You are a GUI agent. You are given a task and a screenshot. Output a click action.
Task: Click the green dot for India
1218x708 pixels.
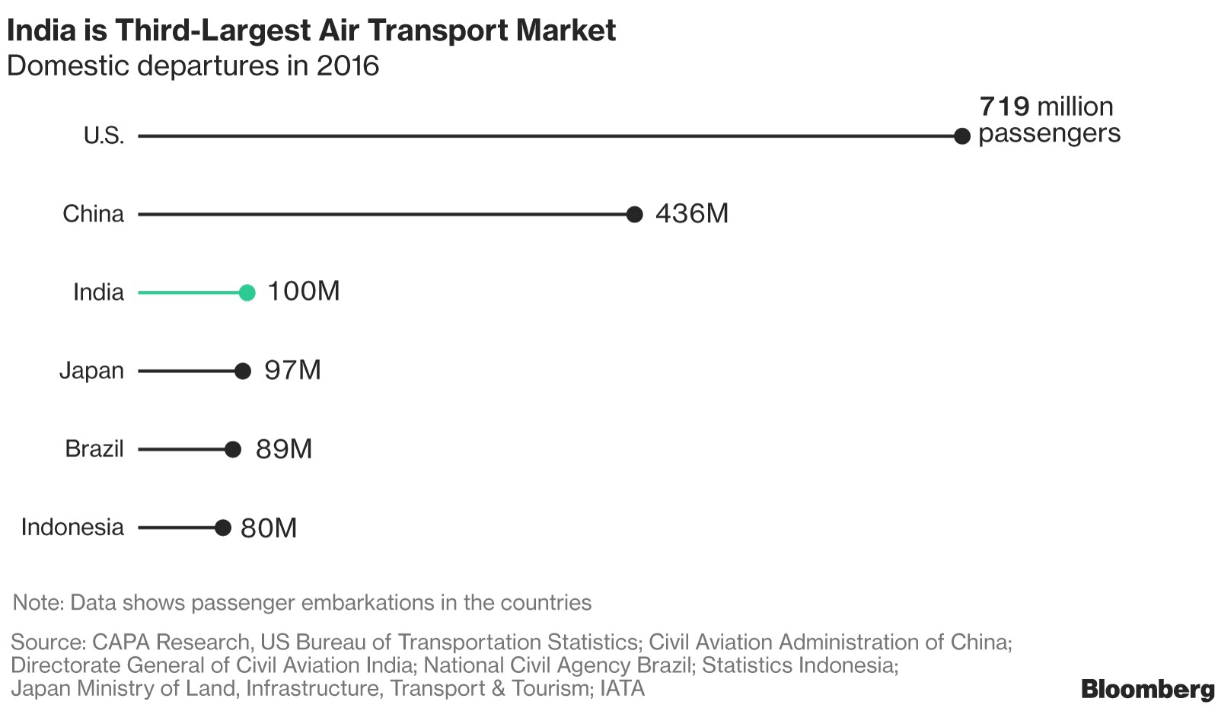247,292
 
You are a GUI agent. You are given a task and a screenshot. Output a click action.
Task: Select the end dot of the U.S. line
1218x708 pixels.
962,136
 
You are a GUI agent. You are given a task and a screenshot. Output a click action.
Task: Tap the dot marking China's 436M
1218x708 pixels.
634,215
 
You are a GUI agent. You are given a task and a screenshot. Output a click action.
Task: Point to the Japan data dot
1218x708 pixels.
243,371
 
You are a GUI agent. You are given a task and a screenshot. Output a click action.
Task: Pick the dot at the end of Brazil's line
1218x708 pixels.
233,449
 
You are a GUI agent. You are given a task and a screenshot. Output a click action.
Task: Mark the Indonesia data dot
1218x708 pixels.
222,528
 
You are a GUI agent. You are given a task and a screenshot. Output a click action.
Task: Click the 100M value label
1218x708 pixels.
303,291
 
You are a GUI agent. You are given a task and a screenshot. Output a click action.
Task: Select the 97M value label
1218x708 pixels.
292,370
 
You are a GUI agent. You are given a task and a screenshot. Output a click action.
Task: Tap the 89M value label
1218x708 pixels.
284,449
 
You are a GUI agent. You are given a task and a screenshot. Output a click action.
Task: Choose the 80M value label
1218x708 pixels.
269,528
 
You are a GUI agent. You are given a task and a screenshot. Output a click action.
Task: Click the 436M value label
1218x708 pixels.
691,213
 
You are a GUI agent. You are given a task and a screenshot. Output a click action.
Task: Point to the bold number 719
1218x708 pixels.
1004,106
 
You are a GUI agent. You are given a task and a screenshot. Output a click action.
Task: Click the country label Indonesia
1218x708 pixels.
72,527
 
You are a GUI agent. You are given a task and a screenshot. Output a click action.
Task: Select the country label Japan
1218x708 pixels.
91,371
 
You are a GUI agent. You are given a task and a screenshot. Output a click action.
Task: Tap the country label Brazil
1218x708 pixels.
94,448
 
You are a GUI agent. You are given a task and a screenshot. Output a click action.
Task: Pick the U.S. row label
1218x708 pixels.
104,136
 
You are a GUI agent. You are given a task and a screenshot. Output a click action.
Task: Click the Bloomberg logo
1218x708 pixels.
1147,689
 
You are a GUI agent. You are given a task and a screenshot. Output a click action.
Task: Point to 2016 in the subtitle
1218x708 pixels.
348,65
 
